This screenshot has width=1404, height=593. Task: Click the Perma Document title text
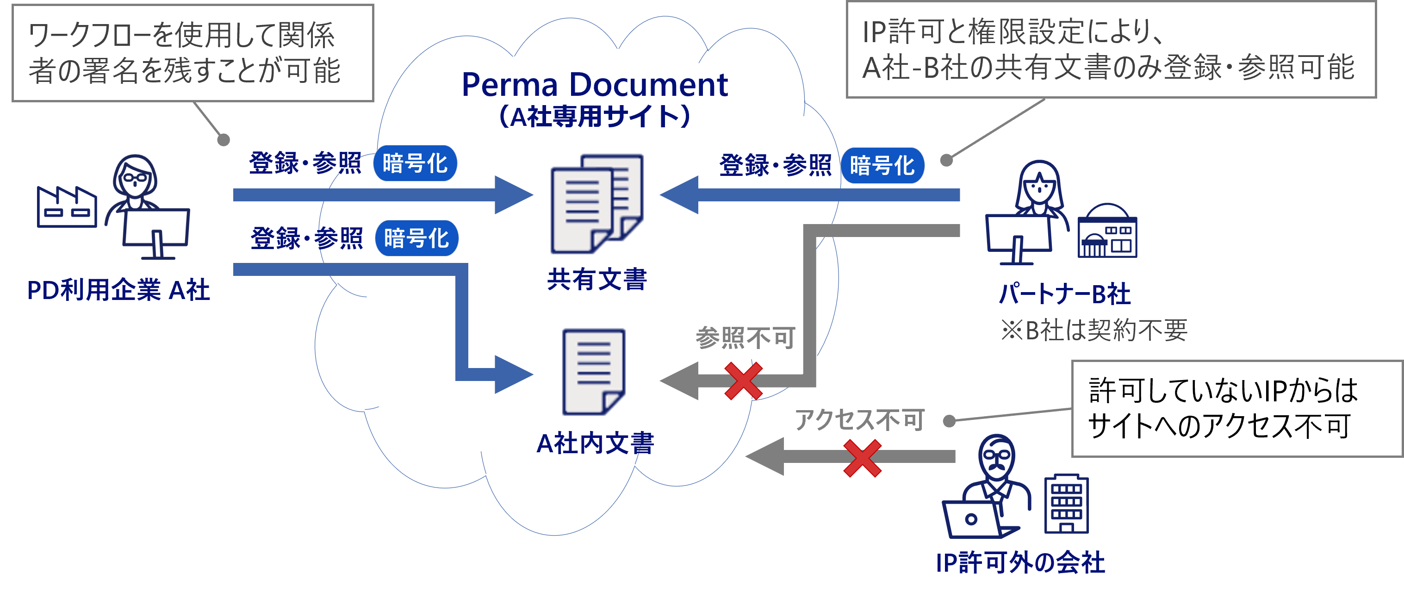594,85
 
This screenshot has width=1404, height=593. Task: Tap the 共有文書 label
597,280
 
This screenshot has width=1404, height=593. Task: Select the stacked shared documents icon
597,204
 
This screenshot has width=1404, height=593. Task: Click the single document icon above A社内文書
594,372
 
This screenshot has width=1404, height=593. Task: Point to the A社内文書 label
595,443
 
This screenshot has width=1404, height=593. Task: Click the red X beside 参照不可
744,381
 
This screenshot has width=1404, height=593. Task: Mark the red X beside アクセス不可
862,458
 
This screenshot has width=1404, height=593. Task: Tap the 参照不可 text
745,338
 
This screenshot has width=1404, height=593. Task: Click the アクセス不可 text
859,420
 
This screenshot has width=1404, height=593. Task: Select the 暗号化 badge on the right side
882,165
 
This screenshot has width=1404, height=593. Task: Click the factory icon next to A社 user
67,207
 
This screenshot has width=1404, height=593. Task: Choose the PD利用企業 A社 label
118,290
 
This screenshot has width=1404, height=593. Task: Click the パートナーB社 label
1064,294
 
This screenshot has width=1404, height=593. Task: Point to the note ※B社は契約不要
1094,330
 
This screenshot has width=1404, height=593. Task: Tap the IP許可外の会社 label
1020,562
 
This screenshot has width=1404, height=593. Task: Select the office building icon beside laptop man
1066,505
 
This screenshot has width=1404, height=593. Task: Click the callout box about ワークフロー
193,53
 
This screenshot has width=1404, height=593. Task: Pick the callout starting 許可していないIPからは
1236,408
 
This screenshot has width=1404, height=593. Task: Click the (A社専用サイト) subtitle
594,116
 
